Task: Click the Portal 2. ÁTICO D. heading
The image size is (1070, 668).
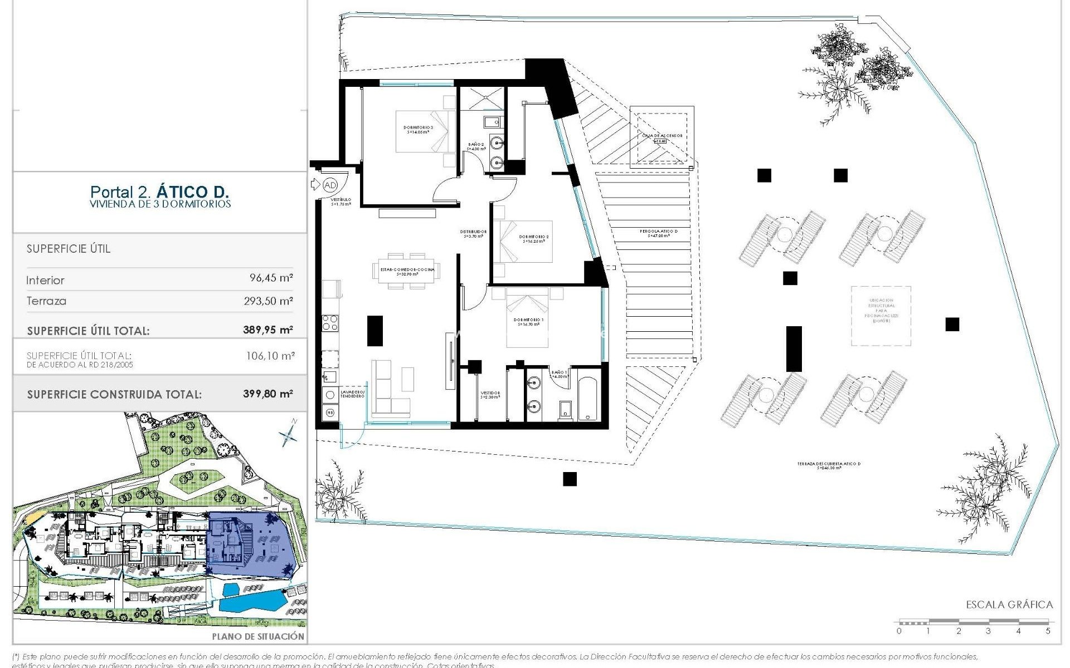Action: pyautogui.click(x=159, y=192)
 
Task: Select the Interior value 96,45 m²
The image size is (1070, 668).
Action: pyautogui.click(x=271, y=278)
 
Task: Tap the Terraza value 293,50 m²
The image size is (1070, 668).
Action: pyautogui.click(x=269, y=301)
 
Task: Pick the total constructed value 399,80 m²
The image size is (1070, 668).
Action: pyautogui.click(x=268, y=394)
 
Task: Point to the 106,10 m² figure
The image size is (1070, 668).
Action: pyautogui.click(x=270, y=356)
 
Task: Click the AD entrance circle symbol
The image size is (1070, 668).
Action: pyautogui.click(x=330, y=185)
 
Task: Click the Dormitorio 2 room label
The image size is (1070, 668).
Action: pyautogui.click(x=533, y=239)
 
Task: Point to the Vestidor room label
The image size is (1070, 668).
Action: pyautogui.click(x=490, y=395)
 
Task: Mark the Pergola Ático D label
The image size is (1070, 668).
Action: pyautogui.click(x=659, y=233)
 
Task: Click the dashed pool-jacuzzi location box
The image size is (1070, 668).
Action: pyautogui.click(x=881, y=316)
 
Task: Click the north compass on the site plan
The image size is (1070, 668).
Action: pyautogui.click(x=289, y=433)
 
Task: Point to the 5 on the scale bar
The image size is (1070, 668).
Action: pyautogui.click(x=1048, y=631)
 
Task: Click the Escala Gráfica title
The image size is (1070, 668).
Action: pyautogui.click(x=1009, y=605)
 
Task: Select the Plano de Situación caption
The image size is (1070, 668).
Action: pyautogui.click(x=258, y=636)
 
